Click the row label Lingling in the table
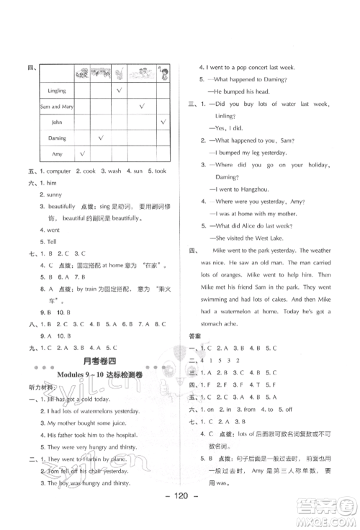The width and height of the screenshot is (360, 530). tap(57, 91)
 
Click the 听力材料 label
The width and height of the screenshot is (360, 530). tap(42, 390)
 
